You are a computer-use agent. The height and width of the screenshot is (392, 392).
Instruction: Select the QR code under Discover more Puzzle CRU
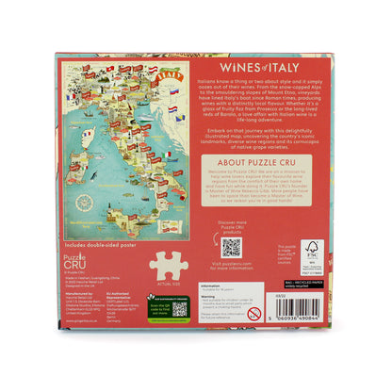(x=231, y=248)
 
